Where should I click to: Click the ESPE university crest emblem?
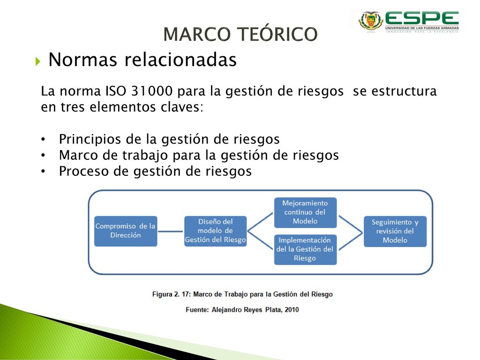click(371, 21)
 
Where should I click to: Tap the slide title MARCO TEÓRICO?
click(240, 34)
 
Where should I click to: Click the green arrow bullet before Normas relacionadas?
click(37, 61)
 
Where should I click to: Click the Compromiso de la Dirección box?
click(126, 231)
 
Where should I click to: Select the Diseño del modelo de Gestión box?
click(215, 231)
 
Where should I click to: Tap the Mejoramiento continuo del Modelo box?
click(305, 212)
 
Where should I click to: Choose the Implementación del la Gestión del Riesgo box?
click(305, 249)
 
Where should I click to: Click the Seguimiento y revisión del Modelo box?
click(395, 232)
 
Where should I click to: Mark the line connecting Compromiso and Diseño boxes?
click(171, 232)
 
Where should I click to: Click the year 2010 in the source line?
click(292, 310)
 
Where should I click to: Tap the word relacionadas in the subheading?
click(180, 60)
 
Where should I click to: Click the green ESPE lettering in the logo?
click(422, 18)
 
